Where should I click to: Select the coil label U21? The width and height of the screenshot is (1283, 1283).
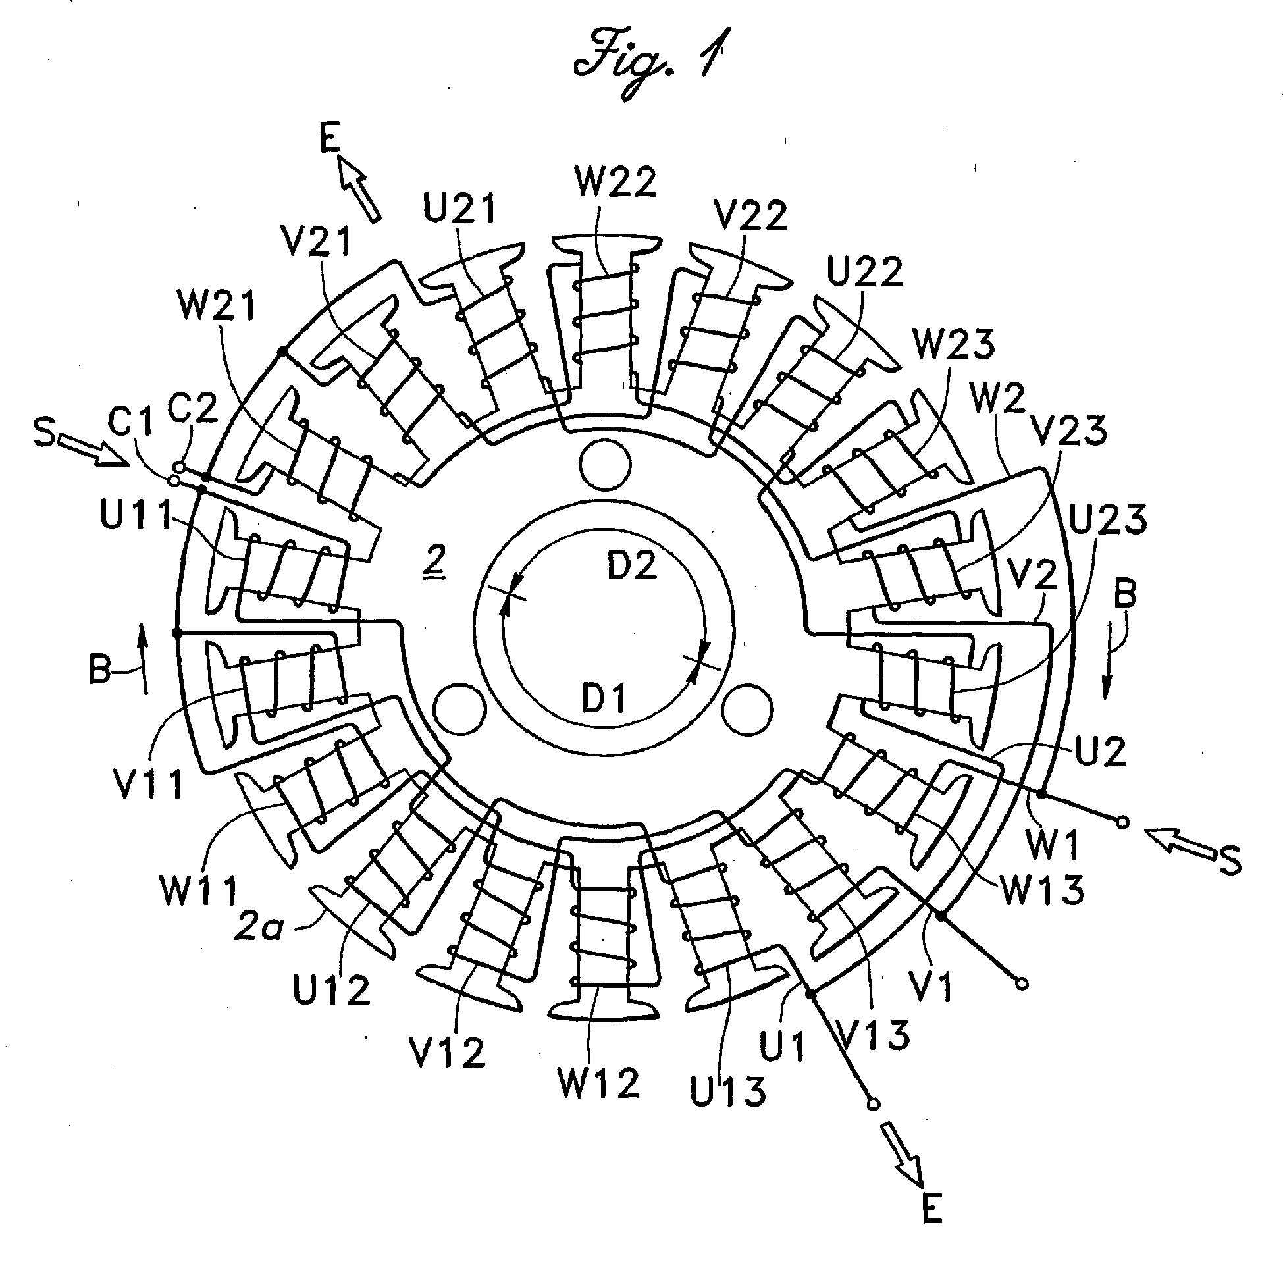click(460, 208)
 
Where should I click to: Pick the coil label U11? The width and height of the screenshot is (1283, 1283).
click(136, 515)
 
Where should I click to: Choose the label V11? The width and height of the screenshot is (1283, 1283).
click(147, 785)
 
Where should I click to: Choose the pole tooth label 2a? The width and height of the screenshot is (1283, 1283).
click(258, 928)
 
